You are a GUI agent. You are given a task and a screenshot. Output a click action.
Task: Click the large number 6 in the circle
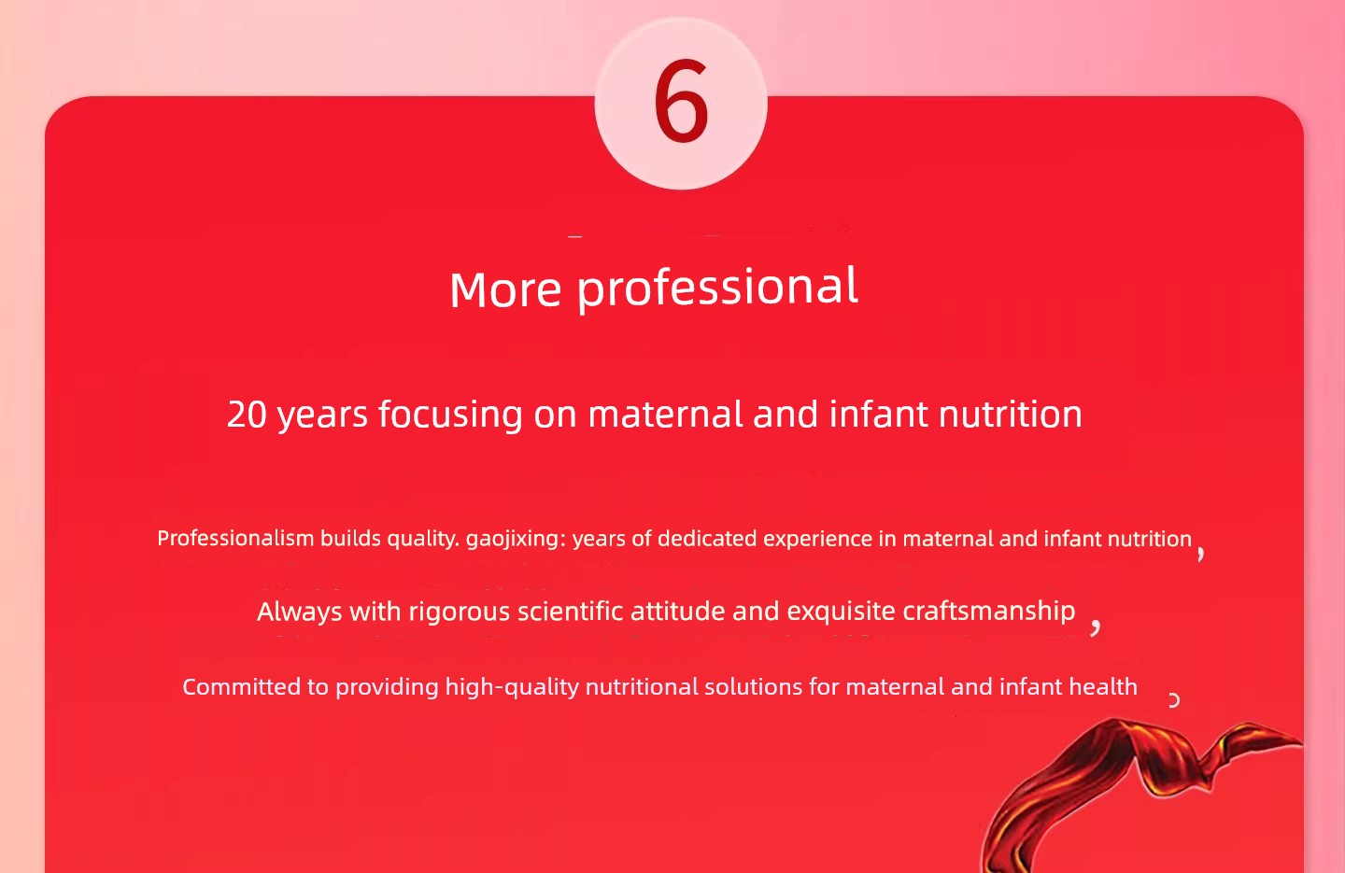(681, 101)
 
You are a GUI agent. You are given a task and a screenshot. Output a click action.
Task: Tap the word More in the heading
(505, 290)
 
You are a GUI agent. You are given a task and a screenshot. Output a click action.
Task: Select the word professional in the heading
(717, 289)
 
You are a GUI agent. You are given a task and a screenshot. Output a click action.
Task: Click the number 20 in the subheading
(247, 415)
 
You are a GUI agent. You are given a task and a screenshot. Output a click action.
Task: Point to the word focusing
(450, 415)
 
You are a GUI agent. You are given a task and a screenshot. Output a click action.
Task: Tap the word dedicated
(707, 539)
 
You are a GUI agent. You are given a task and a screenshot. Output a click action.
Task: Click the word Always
(300, 613)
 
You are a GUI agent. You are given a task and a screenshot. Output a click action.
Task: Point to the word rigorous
(460, 613)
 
